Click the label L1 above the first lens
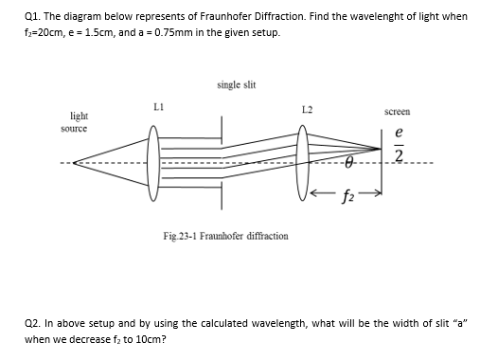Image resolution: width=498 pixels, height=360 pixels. (160, 107)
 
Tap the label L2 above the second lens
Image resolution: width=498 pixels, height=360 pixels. (305, 112)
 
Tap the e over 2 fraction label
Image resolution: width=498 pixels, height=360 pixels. (400, 144)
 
